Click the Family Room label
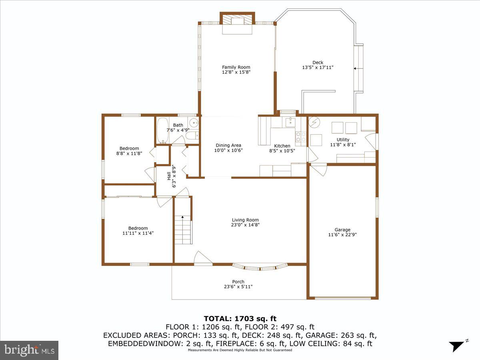point(236,67)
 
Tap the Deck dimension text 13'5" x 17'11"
point(318,68)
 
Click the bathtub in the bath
point(162,130)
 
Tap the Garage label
point(342,230)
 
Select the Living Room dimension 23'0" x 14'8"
point(245,225)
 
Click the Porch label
point(238,282)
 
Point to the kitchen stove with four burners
point(301,137)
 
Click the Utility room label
point(343,140)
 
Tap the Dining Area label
point(228,145)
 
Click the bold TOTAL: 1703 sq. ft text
point(240,319)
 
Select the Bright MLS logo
point(29,350)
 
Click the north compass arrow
point(457,346)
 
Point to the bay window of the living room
point(260,267)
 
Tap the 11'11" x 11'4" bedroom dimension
point(138,234)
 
